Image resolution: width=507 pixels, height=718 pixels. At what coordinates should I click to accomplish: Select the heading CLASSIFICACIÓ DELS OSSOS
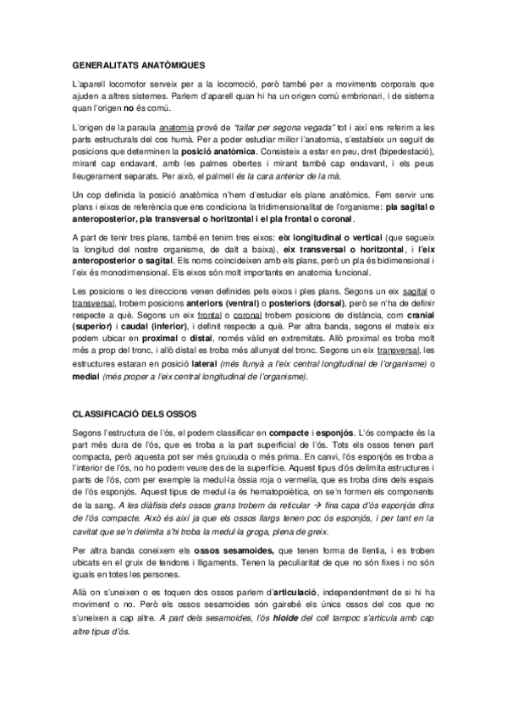click(135, 412)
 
